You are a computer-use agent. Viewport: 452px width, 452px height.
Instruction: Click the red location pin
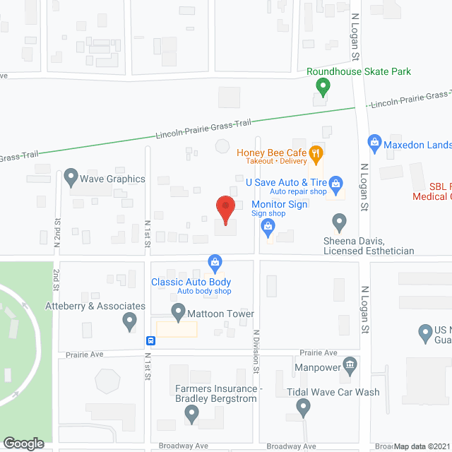tap(225, 210)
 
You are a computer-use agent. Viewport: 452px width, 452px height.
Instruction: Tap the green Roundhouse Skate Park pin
tap(323, 88)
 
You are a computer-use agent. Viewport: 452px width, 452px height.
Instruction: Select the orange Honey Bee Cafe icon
tap(316, 152)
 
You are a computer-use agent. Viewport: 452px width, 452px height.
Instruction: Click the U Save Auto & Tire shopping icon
tap(336, 184)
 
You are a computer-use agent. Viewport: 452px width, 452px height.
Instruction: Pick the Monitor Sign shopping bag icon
tap(267, 226)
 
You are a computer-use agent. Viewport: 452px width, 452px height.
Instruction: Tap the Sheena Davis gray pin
tap(340, 223)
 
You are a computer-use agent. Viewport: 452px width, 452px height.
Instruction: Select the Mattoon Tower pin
tap(177, 311)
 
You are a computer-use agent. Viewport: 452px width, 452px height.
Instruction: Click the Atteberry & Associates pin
tap(129, 321)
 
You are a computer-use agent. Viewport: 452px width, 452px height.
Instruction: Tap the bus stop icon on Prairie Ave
tap(150, 340)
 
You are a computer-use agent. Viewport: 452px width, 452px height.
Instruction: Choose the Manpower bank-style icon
tap(350, 366)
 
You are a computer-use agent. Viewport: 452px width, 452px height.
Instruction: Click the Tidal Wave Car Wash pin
tap(303, 406)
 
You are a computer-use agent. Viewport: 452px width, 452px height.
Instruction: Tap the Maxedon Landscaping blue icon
tap(374, 143)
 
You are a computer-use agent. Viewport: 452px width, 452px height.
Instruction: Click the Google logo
tap(23, 443)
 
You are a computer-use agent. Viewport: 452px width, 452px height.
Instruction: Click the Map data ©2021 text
tap(422, 446)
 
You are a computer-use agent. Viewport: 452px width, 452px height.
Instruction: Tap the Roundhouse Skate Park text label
tap(358, 71)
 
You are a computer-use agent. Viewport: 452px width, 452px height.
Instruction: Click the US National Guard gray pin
tap(424, 331)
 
